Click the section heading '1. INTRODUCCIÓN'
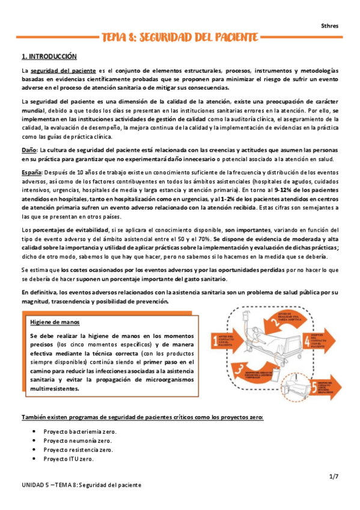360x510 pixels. click(49, 57)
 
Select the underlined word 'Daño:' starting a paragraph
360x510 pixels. click(29, 150)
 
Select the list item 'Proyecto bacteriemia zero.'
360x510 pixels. click(80, 432)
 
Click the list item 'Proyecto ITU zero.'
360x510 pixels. click(68, 460)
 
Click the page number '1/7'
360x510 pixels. click(334, 477)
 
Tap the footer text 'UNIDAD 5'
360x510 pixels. click(34, 485)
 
